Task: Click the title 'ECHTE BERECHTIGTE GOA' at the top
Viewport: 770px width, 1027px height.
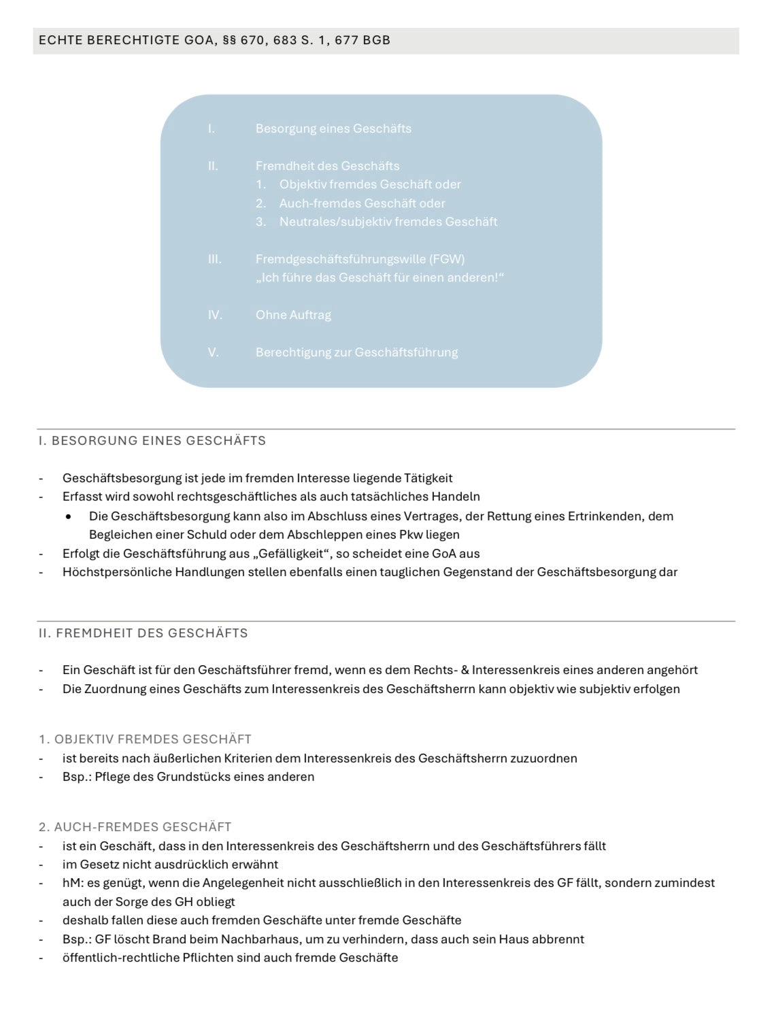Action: coord(129,40)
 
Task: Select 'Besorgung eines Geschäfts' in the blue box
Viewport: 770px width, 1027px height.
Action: coord(333,129)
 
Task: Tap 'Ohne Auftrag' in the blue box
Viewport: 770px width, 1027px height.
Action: coord(293,315)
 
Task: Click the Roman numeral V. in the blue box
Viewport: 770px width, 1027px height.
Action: coord(213,352)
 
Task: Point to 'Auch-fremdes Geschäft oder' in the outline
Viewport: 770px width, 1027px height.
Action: coord(362,203)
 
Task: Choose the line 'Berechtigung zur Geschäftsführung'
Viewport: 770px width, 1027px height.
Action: coord(356,352)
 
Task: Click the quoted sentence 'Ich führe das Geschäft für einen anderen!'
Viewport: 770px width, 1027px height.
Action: coord(380,277)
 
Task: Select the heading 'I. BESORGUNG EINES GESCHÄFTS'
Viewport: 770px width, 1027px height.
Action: coord(152,441)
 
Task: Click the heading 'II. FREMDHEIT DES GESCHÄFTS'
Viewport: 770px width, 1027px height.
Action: coord(143,633)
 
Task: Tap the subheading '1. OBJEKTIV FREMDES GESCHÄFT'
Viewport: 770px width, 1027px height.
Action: coord(145,739)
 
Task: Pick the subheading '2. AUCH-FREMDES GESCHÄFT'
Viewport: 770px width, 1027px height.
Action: coord(135,827)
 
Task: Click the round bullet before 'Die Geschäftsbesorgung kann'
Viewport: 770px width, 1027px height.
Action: coord(69,517)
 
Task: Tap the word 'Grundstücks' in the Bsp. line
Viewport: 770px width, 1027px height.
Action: coord(193,777)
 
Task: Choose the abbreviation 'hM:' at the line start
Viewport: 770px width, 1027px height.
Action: coord(72,883)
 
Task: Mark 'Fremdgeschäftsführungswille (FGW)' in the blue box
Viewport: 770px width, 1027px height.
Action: coord(360,259)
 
